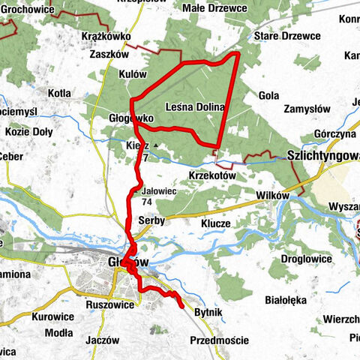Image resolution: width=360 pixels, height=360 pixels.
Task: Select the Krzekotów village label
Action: [x=212, y=175]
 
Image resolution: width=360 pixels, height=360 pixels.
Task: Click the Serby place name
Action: [x=151, y=220]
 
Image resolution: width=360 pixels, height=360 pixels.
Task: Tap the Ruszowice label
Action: [x=109, y=305]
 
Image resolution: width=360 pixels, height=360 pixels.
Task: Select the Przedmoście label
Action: [x=218, y=340]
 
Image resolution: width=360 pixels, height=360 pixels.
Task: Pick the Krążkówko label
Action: [x=105, y=36]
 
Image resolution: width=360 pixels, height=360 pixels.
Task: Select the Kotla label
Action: [x=58, y=93]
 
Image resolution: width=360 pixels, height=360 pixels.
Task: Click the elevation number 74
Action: [x=146, y=202]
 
